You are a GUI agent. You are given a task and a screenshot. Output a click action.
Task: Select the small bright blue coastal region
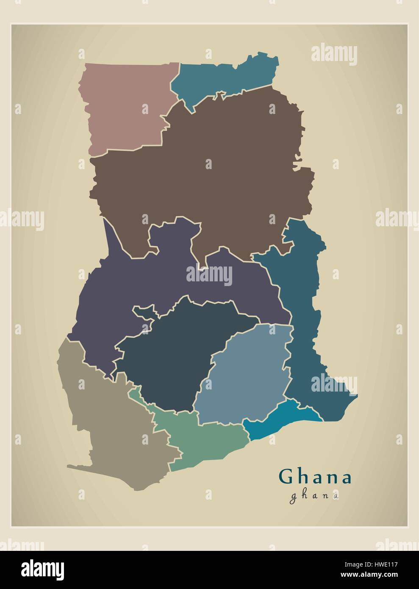pos(280,420)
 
